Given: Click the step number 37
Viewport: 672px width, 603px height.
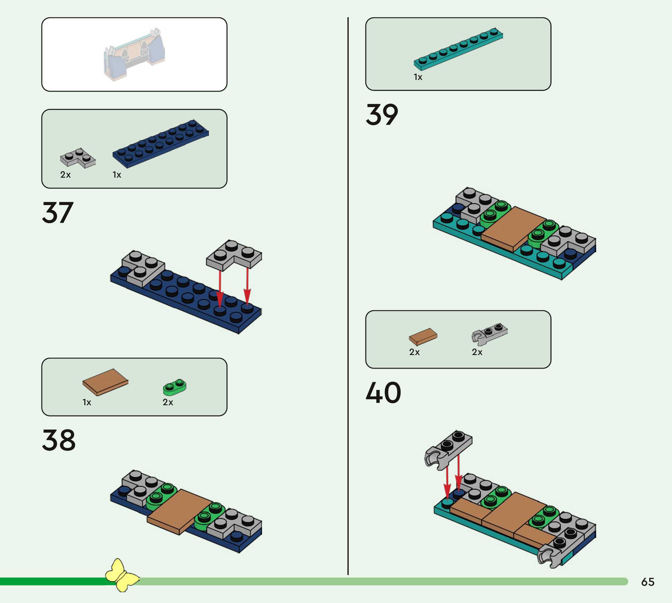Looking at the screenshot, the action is pos(58,213).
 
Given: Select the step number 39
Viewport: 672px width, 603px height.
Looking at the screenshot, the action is pos(382,115).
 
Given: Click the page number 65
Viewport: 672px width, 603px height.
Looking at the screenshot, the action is pos(647,582).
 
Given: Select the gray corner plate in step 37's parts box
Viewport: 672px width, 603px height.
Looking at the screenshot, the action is pos(78,158).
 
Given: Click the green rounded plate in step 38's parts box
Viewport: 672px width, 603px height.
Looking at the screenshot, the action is pos(174,387).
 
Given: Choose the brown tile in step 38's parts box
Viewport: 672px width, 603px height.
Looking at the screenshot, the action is pos(105,382).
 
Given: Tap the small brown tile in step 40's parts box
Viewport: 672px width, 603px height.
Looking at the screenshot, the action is pos(423,337).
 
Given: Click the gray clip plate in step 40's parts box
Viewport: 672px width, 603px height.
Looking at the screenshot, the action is pos(489,334).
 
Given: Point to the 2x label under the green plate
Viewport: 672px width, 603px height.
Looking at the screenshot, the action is pos(168,402).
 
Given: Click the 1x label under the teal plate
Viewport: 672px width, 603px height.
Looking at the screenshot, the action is pos(418,77).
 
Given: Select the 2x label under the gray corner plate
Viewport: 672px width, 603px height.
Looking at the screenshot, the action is pos(65,175).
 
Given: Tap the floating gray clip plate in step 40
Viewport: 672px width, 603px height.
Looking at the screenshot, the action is pos(449,449).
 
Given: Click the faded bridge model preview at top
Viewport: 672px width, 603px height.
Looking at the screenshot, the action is pos(134,55).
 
